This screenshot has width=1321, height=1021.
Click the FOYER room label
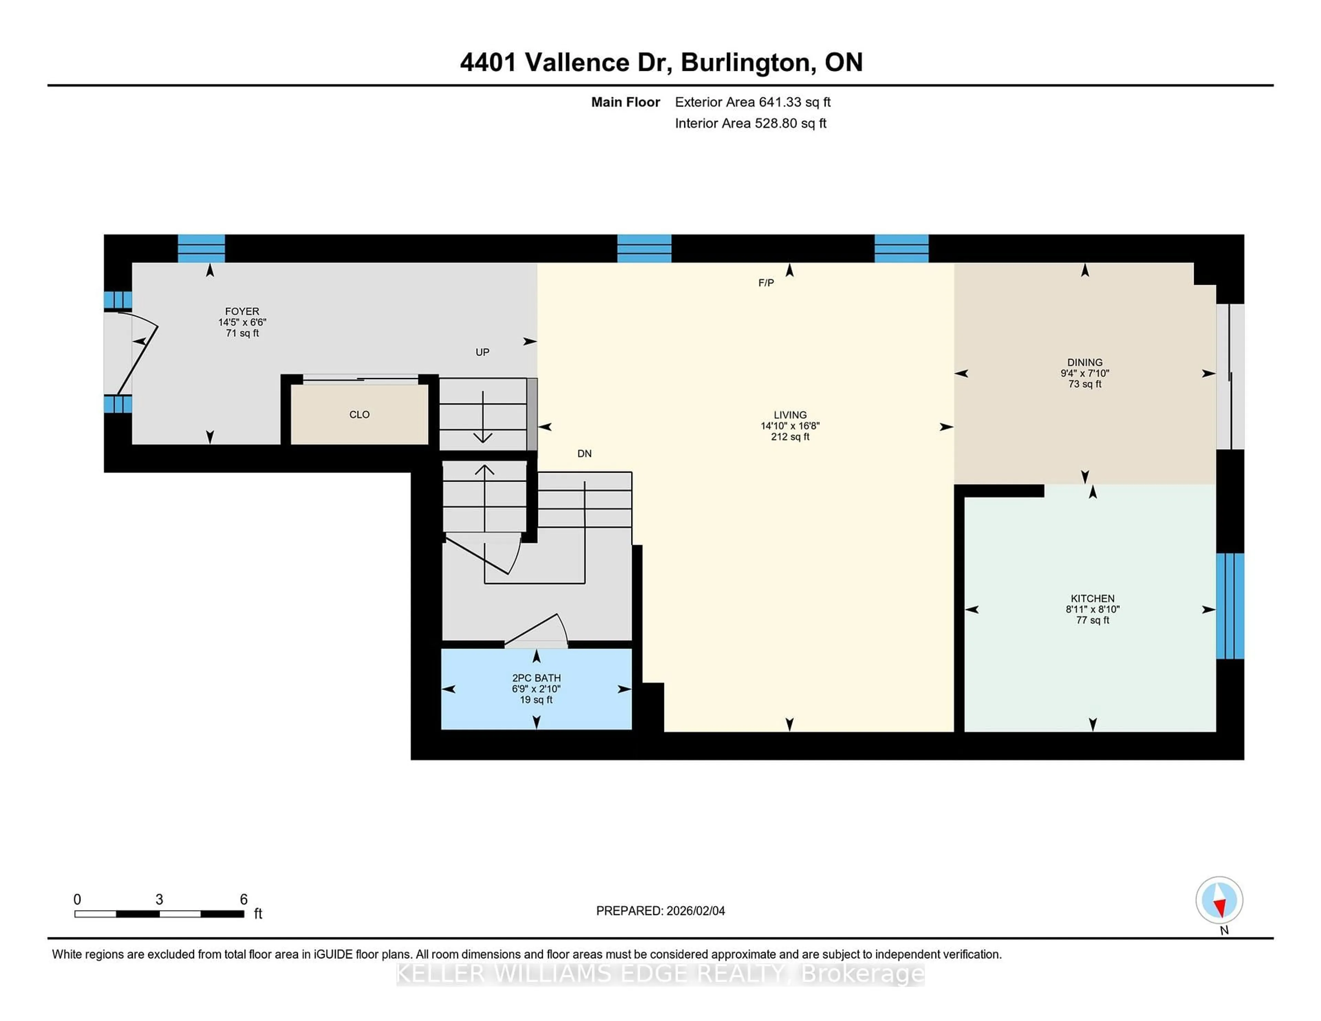point(242,312)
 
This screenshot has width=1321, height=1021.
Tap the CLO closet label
point(359,414)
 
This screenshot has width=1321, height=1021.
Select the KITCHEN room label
point(1092,598)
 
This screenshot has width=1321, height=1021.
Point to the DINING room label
point(1085,362)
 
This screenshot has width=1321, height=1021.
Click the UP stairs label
point(482,352)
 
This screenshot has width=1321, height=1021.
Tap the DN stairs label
point(584,454)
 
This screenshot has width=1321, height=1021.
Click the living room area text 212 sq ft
point(790,437)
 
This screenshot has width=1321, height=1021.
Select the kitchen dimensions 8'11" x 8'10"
point(1092,609)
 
